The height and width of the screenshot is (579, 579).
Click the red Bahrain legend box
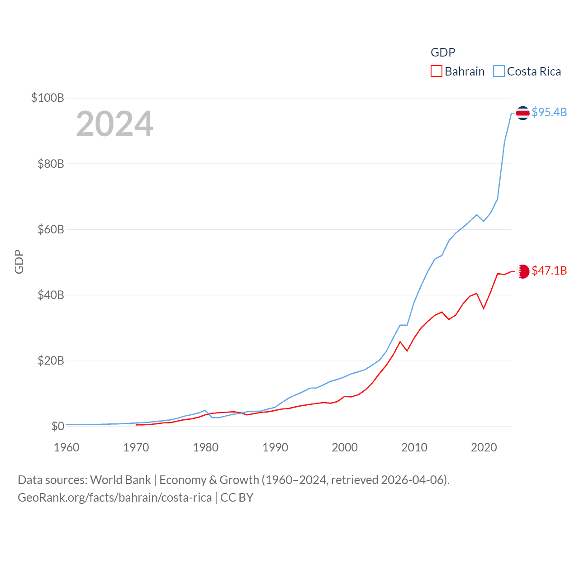point(436,71)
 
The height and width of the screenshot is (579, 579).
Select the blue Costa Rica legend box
point(498,71)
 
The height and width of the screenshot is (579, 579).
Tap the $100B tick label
point(47,98)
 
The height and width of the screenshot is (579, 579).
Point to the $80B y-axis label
point(51,164)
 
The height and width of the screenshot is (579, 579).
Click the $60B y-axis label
point(51,229)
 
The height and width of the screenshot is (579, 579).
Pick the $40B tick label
point(51,295)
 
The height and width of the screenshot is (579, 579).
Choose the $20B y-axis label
point(51,361)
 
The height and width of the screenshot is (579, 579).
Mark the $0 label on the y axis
point(58,426)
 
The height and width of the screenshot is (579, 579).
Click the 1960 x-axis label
point(66,447)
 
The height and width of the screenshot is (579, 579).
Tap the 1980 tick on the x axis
point(206,447)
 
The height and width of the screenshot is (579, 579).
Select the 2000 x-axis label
point(345,447)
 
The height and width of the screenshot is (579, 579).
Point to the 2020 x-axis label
point(484,447)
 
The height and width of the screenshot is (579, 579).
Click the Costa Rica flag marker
point(522,113)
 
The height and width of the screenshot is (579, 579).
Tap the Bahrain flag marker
point(523,271)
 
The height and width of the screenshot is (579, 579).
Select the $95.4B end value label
point(549,112)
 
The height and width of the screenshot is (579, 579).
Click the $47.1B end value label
point(549,271)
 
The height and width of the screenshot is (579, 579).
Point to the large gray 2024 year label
point(114,124)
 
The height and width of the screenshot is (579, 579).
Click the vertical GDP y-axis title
point(19,261)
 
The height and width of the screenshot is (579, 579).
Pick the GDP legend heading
point(443,52)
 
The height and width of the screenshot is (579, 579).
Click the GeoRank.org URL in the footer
point(114,498)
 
